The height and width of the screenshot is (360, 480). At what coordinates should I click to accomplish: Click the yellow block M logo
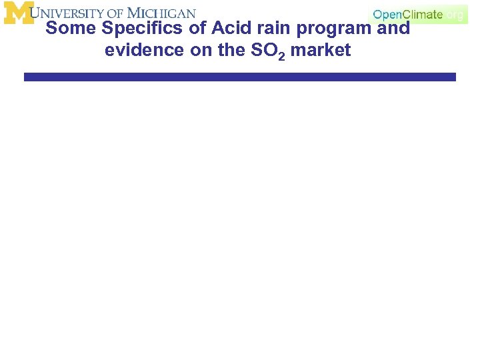(18, 13)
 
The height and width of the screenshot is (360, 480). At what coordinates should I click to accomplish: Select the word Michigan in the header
(162, 13)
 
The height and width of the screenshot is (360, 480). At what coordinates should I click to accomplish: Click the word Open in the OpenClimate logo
(387, 14)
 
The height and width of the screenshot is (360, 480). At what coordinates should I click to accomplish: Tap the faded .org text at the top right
(455, 14)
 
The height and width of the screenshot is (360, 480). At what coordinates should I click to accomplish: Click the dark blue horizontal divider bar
(240, 77)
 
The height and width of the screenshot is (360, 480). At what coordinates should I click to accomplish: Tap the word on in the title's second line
(201, 50)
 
